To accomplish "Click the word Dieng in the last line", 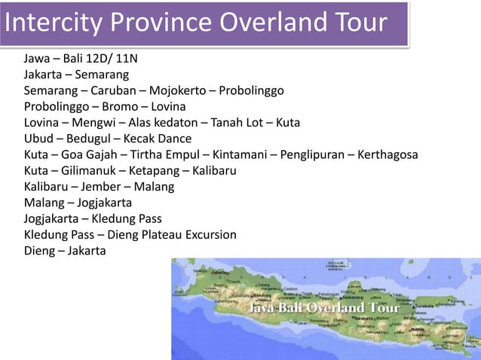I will [x=39, y=251].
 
